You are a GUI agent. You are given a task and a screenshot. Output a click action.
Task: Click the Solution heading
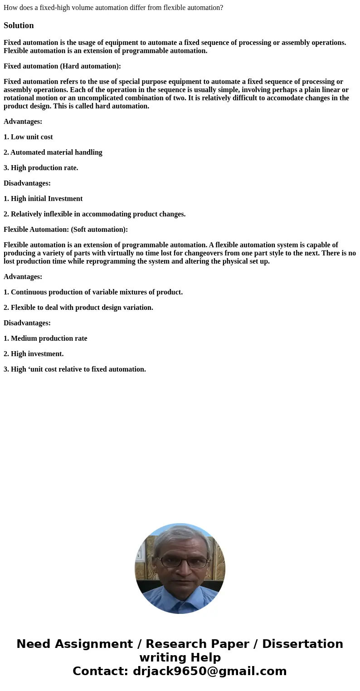click(x=19, y=25)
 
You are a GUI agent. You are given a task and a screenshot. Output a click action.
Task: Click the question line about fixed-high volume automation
click(x=113, y=8)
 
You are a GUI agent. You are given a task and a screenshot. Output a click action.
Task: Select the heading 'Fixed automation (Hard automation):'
click(x=62, y=66)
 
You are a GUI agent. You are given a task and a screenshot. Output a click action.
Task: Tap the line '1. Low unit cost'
click(x=28, y=137)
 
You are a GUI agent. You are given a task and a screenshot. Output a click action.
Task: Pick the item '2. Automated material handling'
click(x=53, y=152)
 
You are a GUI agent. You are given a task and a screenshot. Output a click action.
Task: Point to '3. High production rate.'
click(x=41, y=168)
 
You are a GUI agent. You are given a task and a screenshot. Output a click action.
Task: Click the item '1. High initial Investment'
click(x=43, y=199)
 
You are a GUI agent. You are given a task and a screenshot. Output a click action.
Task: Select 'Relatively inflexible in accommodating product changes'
click(x=98, y=214)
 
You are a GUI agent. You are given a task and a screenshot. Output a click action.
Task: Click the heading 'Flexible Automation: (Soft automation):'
click(x=66, y=230)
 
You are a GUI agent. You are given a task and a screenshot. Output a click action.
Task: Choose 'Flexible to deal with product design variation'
click(x=82, y=308)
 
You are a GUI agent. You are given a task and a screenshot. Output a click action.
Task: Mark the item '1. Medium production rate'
click(x=45, y=338)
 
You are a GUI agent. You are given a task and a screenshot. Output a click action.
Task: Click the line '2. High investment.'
click(x=34, y=354)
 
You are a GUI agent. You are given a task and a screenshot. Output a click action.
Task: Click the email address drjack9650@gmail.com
click(x=209, y=671)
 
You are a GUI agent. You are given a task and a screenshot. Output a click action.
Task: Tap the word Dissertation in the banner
click(x=302, y=644)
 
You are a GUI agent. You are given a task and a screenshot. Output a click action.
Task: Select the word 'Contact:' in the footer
click(x=100, y=671)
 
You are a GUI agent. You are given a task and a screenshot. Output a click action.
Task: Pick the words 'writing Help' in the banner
click(x=180, y=658)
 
